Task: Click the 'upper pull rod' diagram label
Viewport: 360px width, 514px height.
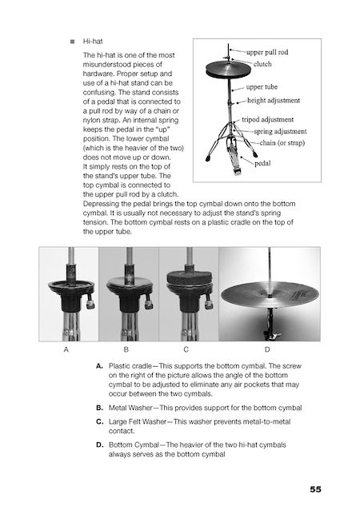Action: click(x=267, y=52)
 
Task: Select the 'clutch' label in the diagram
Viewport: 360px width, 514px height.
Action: click(x=262, y=64)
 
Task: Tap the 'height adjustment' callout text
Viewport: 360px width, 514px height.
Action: click(x=274, y=100)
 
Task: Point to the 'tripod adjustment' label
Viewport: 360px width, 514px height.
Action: click(x=268, y=119)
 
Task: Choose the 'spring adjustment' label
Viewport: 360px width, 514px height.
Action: click(x=281, y=131)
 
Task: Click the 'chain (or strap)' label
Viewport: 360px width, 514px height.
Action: click(x=282, y=143)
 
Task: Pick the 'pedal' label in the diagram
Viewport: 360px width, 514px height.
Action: click(x=262, y=163)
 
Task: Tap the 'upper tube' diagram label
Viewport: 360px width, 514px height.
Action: click(x=262, y=87)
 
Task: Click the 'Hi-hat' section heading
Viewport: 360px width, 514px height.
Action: click(x=93, y=42)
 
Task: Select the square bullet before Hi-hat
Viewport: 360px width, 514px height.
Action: click(x=73, y=42)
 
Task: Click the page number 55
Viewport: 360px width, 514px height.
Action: click(x=315, y=489)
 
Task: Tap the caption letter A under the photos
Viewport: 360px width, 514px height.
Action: click(x=66, y=349)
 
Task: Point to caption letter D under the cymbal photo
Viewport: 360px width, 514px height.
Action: click(x=267, y=349)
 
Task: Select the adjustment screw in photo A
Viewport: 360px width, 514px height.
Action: click(x=90, y=303)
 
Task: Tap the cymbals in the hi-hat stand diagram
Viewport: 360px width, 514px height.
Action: click(x=226, y=70)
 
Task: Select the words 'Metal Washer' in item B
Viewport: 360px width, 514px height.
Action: click(x=130, y=408)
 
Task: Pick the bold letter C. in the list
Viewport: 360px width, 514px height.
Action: click(x=100, y=421)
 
